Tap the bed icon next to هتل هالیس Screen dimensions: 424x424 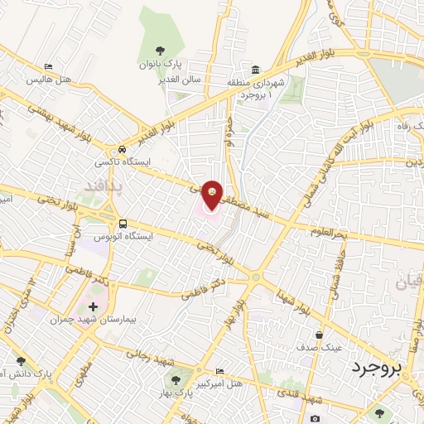(x=49, y=67)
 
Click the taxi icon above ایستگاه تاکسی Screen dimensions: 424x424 (x=123, y=150)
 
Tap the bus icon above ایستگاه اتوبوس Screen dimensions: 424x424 (x=123, y=223)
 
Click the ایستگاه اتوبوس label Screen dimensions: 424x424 (x=123, y=236)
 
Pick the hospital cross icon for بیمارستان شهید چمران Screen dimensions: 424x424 (x=93, y=306)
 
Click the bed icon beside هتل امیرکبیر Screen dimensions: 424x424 (x=219, y=371)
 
